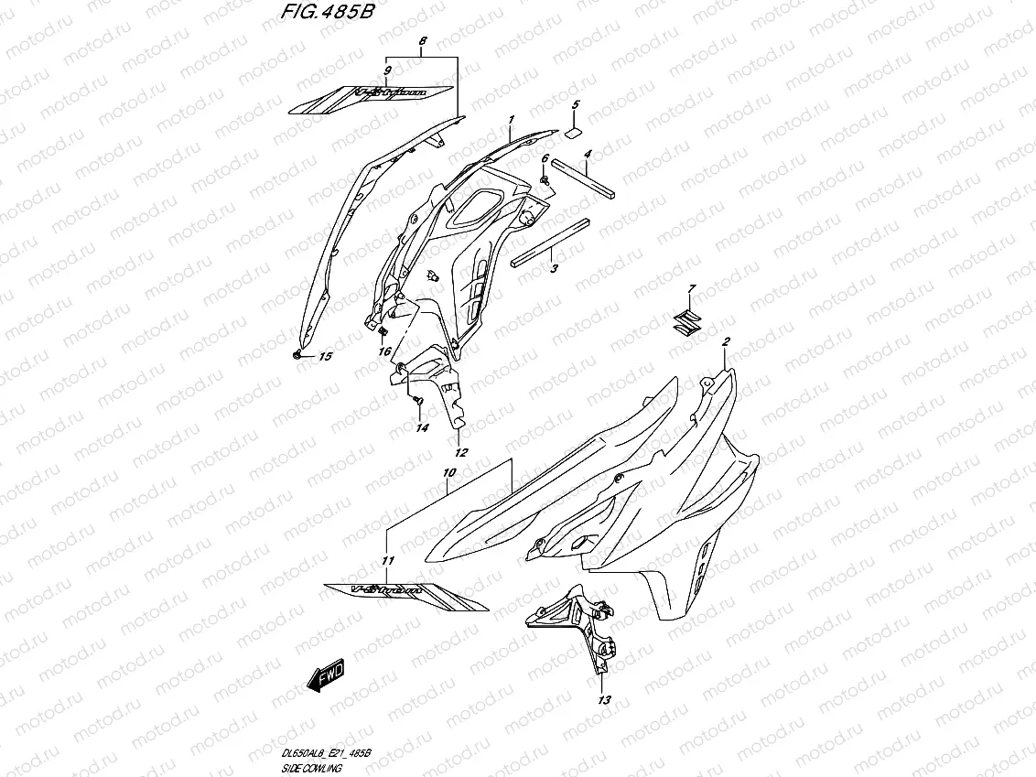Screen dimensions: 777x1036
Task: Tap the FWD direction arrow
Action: coord(325,677)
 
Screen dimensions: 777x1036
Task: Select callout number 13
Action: coord(602,700)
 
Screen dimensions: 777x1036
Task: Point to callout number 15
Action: coord(325,358)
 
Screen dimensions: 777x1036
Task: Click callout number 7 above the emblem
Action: coord(691,289)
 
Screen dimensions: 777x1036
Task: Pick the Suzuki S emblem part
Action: coord(683,320)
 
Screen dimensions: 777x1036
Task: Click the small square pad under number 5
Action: coord(574,132)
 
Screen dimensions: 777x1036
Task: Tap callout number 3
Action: coord(554,269)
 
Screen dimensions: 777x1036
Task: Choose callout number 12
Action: coord(460,453)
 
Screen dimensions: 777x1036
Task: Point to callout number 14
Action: coord(421,427)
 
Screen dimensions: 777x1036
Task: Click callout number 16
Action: coord(385,351)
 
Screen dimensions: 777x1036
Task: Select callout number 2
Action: coord(725,342)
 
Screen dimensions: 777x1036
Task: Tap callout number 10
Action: coord(448,473)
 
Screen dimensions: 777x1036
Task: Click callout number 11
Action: coord(387,560)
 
